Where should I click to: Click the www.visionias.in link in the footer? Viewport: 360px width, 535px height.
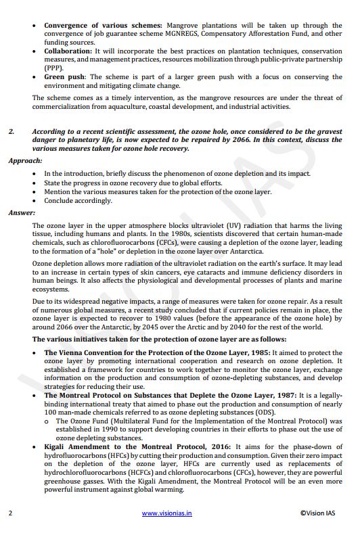pyautogui.click(x=166, y=513)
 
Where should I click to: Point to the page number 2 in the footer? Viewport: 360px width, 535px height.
pyautogui.click(x=10, y=513)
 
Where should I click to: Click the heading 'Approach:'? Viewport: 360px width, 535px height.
pyautogui.click(x=25, y=161)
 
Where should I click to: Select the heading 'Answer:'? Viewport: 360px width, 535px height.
pyautogui.click(x=22, y=212)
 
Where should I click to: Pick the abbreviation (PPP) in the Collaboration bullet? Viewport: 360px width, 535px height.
pyautogui.click(x=53, y=68)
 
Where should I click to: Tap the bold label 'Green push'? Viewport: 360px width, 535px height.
pyautogui.click(x=65, y=77)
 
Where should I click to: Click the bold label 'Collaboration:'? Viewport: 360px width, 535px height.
pyautogui.click(x=68, y=51)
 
